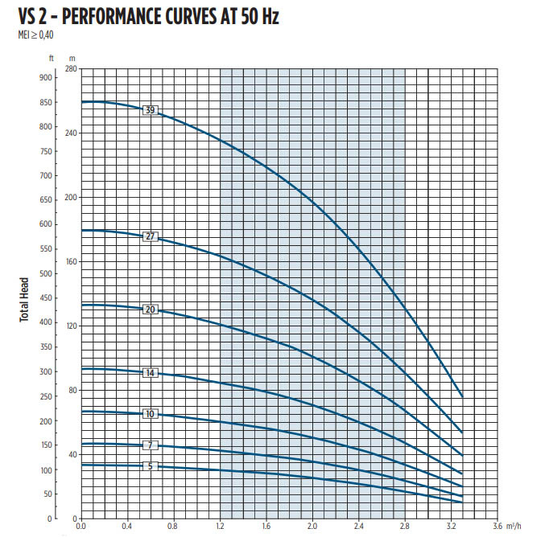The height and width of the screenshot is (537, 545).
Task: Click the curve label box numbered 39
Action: coord(150,110)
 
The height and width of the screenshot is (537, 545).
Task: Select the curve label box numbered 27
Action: coord(150,236)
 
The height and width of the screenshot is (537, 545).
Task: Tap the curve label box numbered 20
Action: coord(150,309)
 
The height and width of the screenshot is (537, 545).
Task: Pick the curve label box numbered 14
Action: coord(150,373)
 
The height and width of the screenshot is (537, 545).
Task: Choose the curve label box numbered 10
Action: coord(150,414)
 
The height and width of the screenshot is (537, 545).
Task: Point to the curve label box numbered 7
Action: coord(150,445)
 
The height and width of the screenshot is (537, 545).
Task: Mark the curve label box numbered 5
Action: coord(150,465)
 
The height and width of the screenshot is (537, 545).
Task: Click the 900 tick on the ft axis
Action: coord(45,78)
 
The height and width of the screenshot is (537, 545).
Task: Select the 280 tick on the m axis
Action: coord(71,69)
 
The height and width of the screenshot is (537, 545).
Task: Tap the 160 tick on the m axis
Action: coord(71,261)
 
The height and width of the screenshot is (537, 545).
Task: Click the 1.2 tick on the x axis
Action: coord(220,527)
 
